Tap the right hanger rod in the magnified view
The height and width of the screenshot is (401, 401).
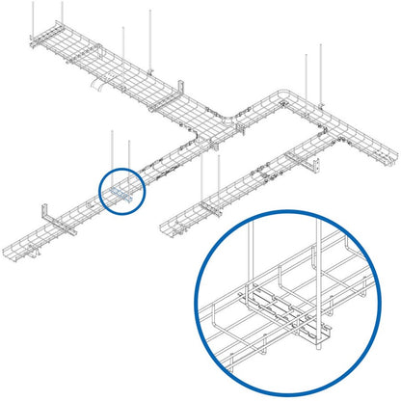point(317,280)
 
